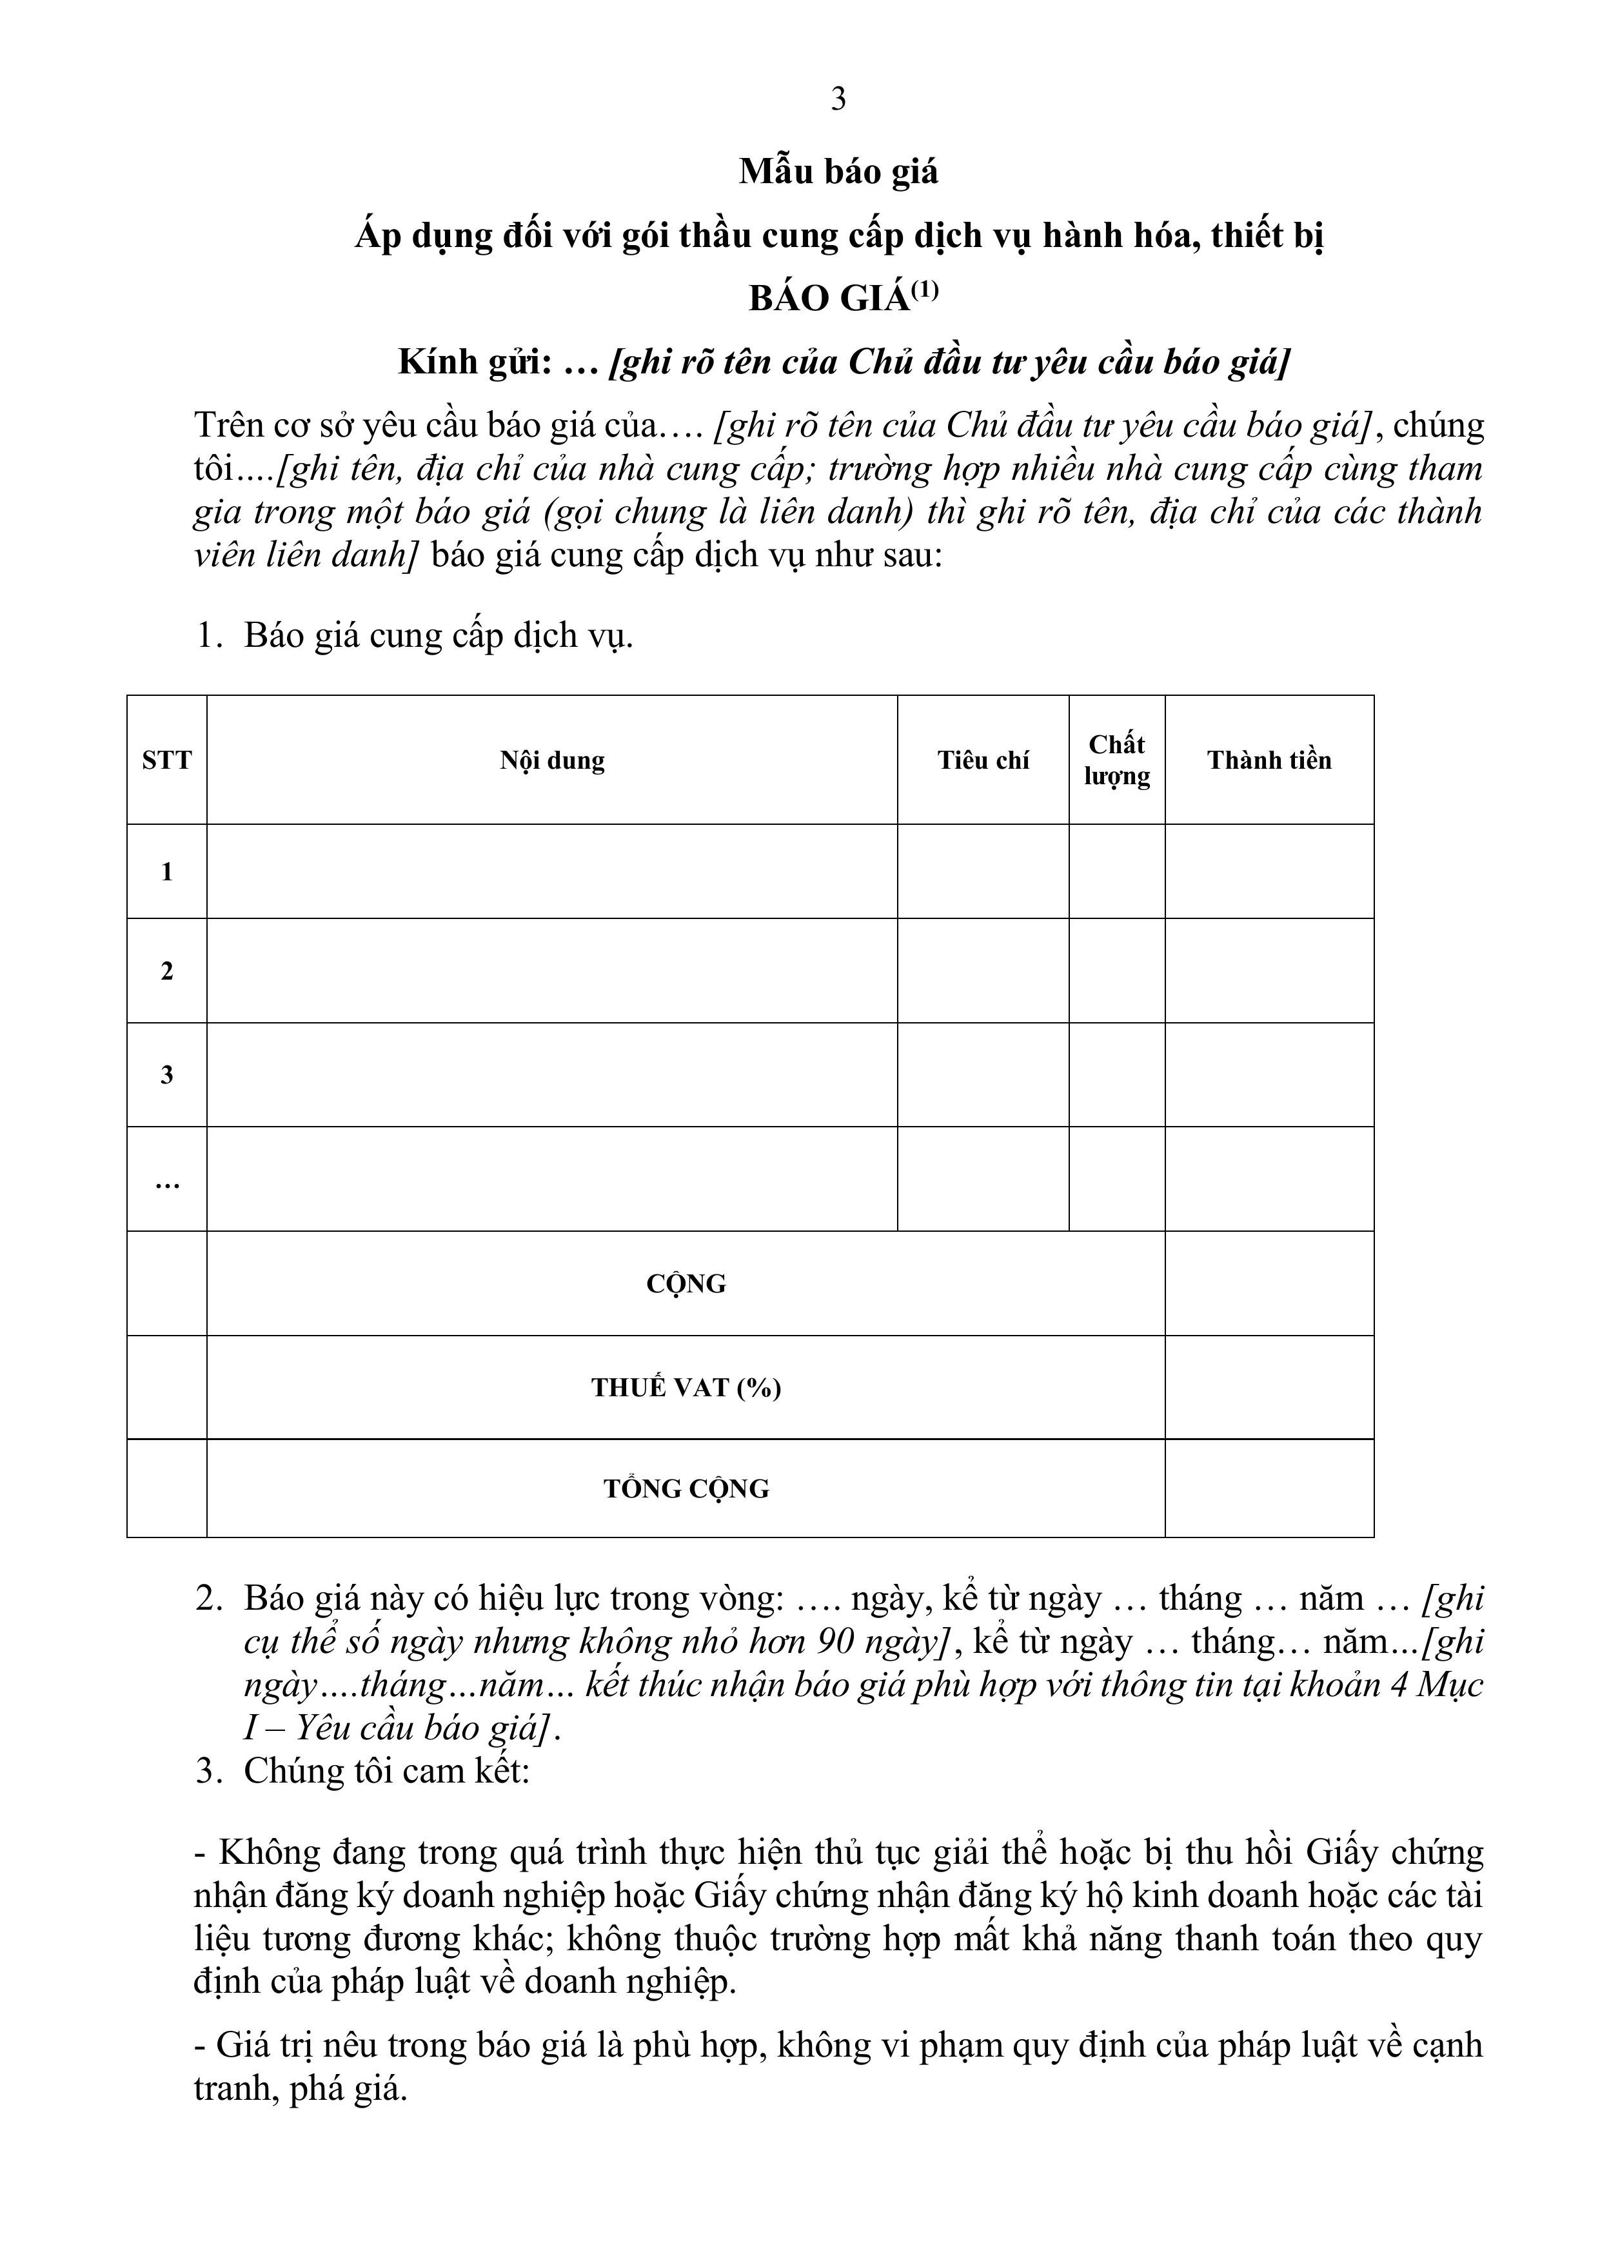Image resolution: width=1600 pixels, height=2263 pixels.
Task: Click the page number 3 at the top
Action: coord(838,99)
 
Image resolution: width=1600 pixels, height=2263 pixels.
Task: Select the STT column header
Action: coord(166,760)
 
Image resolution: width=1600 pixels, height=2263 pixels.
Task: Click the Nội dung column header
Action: coord(552,760)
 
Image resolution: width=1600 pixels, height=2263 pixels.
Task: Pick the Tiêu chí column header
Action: coord(983,760)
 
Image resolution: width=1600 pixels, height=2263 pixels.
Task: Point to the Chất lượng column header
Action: coord(1117,760)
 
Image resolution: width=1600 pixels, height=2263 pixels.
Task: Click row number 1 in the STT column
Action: coord(166,871)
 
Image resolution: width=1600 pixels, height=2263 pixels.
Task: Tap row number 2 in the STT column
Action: coord(166,971)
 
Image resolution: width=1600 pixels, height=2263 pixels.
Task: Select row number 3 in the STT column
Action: coord(166,1074)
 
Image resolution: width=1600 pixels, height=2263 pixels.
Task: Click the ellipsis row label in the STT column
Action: coord(166,1181)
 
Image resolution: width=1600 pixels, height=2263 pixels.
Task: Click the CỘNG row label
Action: coord(686,1283)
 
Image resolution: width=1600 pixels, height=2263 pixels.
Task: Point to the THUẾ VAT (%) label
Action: coord(686,1388)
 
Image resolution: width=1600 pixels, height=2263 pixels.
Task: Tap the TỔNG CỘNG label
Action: coord(686,1488)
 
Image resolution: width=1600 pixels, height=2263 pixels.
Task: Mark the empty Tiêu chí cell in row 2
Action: coord(983,971)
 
